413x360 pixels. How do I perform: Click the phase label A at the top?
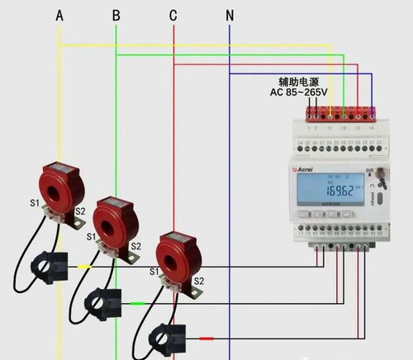click(x=59, y=15)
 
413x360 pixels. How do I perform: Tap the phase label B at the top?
click(x=116, y=15)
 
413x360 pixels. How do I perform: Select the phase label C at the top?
click(x=173, y=15)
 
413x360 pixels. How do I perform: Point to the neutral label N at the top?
click(x=230, y=15)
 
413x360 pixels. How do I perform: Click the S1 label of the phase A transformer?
click(x=34, y=203)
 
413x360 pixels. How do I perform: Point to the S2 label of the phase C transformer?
click(x=198, y=282)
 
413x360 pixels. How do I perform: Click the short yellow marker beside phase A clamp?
click(x=83, y=267)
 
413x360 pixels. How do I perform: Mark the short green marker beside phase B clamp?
click(x=137, y=303)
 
